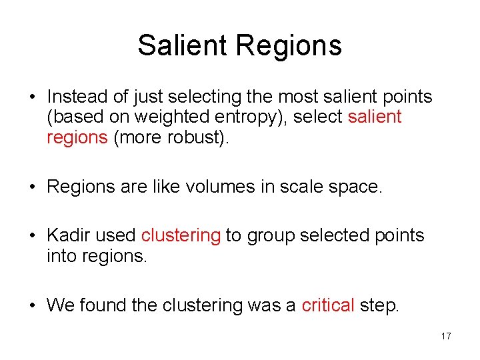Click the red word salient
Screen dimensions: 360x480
(375, 117)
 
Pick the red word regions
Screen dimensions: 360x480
(77, 137)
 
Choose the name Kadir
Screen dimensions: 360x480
(69, 235)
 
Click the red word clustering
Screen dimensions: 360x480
(181, 235)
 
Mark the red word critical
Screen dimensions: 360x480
(327, 305)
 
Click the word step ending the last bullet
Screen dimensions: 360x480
(379, 306)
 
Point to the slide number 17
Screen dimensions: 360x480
(446, 337)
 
